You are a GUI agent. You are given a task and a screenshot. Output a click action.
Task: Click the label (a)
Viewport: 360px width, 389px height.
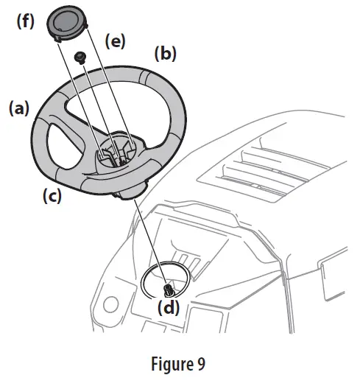(x=18, y=110)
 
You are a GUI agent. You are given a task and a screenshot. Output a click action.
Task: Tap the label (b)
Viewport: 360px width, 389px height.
(x=164, y=54)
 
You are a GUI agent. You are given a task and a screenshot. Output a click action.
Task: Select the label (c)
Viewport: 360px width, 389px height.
(x=51, y=197)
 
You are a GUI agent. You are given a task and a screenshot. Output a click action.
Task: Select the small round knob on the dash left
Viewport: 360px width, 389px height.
(x=110, y=304)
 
